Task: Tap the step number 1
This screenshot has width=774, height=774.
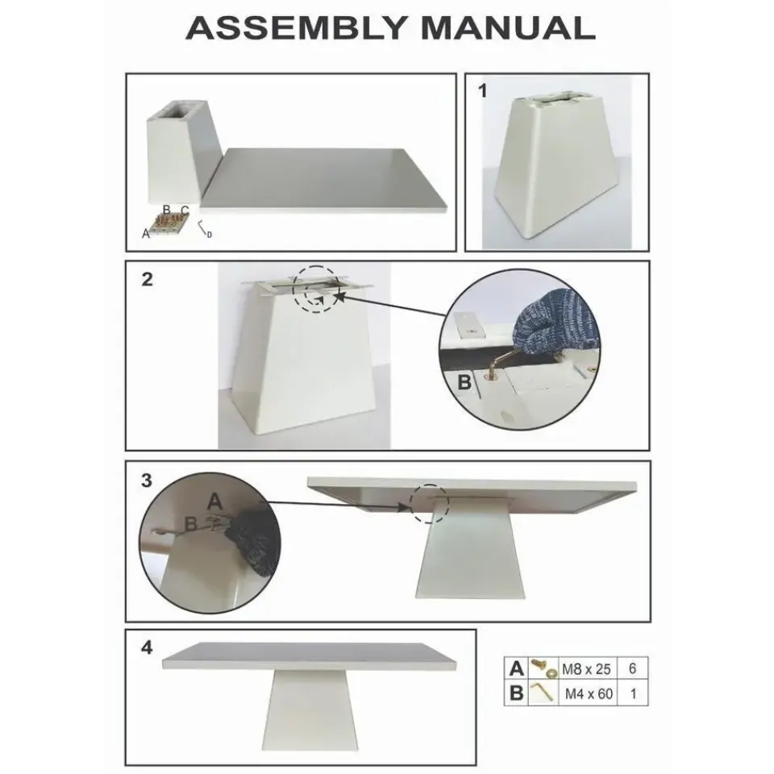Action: click(482, 91)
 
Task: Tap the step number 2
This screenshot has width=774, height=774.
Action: click(147, 280)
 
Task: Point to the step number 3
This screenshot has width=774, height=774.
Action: click(147, 481)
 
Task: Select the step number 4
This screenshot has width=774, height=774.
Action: click(147, 647)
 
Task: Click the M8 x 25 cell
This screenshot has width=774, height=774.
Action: click(586, 669)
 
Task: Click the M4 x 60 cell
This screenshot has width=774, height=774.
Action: click(589, 693)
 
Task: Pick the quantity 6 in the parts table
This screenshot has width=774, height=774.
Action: click(632, 669)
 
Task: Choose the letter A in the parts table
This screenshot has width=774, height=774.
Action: click(516, 669)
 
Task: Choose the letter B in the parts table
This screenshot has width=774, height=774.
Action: click(516, 693)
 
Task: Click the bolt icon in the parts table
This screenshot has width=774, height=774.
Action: click(543, 669)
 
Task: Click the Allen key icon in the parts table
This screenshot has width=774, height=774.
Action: click(542, 693)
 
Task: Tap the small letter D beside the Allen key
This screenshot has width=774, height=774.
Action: click(210, 235)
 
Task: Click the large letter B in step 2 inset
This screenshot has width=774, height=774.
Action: click(464, 382)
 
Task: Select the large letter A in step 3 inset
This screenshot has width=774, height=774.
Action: click(214, 501)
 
